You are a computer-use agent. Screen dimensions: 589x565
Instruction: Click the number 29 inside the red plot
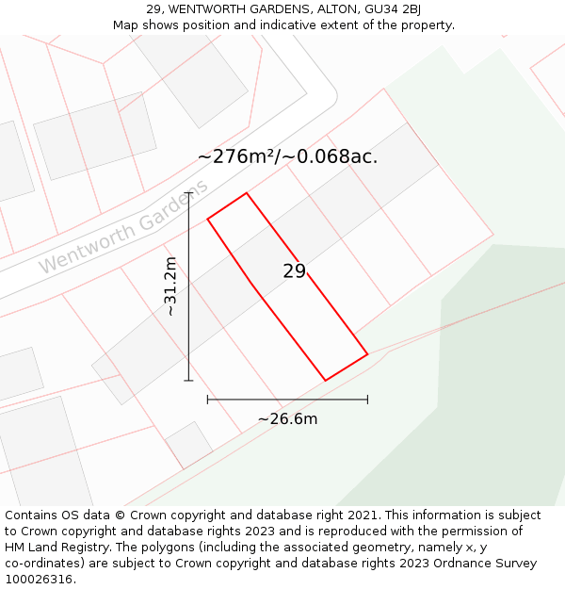(x=294, y=271)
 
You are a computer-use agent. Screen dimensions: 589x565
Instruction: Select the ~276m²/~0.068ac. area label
(x=287, y=156)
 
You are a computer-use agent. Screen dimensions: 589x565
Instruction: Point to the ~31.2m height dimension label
(x=170, y=286)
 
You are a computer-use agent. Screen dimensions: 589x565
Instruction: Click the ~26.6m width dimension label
(x=287, y=418)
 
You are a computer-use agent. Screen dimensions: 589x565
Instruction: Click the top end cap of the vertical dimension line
(x=188, y=193)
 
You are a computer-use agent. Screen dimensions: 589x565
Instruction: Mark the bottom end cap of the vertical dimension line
(x=188, y=381)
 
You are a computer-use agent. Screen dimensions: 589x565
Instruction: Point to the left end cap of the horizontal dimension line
(x=207, y=400)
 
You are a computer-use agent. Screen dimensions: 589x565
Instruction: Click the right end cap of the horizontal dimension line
(x=367, y=400)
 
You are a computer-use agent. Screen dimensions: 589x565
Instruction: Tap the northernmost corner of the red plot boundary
(x=247, y=193)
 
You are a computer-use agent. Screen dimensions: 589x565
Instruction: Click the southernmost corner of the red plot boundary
(x=326, y=381)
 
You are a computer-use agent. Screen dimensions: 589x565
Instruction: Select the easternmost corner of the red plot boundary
(x=367, y=355)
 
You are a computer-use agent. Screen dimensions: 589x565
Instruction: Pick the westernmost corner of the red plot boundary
(x=207, y=219)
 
